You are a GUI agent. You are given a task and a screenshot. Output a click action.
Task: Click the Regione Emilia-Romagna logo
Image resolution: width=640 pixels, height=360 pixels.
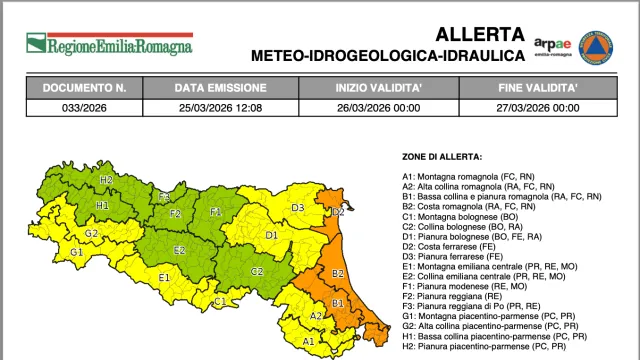coord(109,44)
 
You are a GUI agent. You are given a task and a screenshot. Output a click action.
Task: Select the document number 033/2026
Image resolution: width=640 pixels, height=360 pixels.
coord(84,107)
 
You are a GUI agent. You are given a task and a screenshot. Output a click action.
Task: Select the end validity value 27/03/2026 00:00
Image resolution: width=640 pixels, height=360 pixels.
coord(538,107)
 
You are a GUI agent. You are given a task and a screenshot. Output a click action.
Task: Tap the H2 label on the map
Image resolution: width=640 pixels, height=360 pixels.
coord(106,180)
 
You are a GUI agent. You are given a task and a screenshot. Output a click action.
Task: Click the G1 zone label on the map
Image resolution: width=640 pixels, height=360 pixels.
coord(76,251)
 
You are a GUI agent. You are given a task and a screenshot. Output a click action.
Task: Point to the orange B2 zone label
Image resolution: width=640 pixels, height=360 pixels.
coord(338,272)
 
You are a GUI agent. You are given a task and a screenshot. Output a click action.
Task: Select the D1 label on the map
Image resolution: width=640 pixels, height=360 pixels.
coord(271,236)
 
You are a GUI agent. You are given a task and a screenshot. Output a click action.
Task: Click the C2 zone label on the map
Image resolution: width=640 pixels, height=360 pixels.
coord(257,271)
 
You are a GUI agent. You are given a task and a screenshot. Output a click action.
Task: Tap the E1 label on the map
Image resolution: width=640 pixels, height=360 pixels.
coord(165,276)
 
